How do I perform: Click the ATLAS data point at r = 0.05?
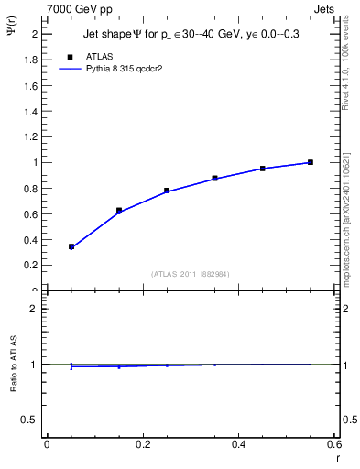point(71,246)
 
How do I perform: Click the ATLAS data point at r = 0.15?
point(119,211)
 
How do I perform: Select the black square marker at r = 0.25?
point(167,191)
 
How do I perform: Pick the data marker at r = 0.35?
point(214,179)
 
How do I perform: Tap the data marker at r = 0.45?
point(262,169)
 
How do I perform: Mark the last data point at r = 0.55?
point(311,162)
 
